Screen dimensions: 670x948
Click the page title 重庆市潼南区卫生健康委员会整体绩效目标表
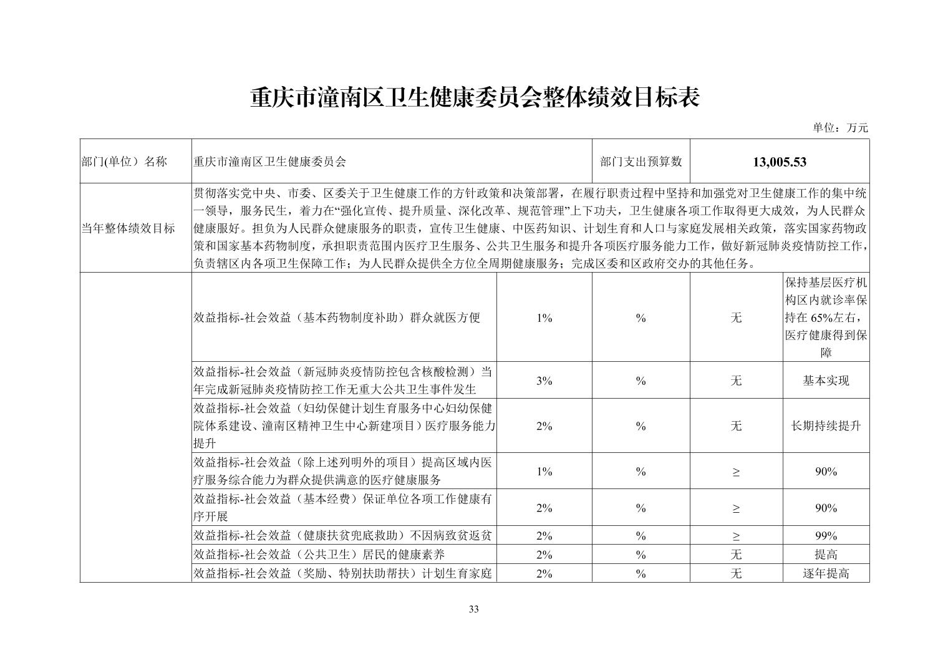click(474, 98)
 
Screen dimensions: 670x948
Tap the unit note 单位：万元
click(839, 128)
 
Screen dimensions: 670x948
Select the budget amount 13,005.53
click(779, 162)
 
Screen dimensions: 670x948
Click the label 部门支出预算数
click(641, 162)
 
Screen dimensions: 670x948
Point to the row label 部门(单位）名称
click(124, 162)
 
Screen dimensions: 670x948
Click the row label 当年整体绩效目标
click(128, 228)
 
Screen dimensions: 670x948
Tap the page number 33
click(473, 609)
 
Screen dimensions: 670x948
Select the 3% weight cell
click(544, 381)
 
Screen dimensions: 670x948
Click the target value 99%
click(825, 536)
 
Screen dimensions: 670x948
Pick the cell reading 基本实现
click(825, 381)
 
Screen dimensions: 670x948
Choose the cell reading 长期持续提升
click(825, 426)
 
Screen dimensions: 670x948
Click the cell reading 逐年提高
click(825, 573)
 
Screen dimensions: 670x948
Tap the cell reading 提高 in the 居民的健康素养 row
click(825, 555)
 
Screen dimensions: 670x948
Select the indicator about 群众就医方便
click(337, 318)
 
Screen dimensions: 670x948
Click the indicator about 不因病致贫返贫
click(342, 536)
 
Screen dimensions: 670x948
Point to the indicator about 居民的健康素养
click(319, 555)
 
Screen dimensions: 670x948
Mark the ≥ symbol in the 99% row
click(736, 536)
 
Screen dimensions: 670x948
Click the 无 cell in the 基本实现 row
click(736, 381)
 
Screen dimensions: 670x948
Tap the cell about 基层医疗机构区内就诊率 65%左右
click(825, 318)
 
